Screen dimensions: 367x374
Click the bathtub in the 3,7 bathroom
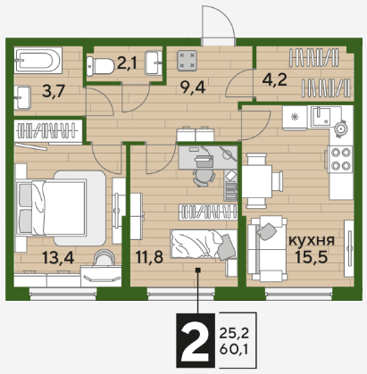click(38, 61)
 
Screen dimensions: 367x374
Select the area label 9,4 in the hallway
click(193, 87)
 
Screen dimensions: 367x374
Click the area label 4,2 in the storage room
click(275, 79)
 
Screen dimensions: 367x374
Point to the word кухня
click(312, 240)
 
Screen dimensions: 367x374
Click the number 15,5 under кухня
click(312, 257)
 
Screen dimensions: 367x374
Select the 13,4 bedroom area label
click(58, 257)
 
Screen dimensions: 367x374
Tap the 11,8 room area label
click(149, 257)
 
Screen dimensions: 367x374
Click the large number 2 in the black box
click(195, 340)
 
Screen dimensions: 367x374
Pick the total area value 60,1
click(234, 349)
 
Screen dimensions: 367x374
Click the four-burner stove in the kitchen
click(339, 159)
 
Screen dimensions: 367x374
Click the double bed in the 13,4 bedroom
click(51, 207)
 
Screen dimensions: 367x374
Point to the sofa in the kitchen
click(267, 249)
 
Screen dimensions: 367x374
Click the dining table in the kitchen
click(256, 181)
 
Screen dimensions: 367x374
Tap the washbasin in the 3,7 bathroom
click(22, 97)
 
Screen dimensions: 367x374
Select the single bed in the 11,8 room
click(204, 244)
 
